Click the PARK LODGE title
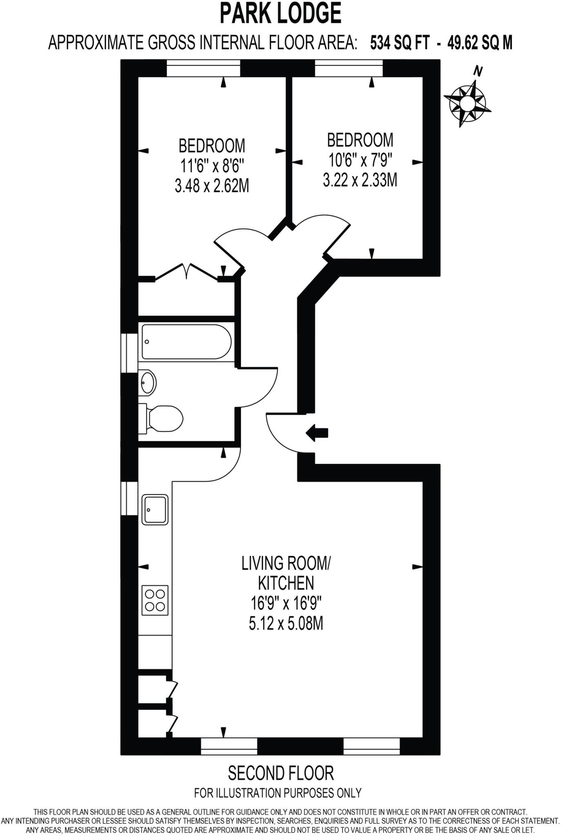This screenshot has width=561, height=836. (x=280, y=14)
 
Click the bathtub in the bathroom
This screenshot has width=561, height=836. (x=187, y=342)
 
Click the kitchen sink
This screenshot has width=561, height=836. (x=155, y=509)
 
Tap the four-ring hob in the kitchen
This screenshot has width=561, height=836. (x=155, y=600)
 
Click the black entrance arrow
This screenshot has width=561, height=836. (x=316, y=433)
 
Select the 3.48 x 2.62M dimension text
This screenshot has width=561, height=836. (x=211, y=186)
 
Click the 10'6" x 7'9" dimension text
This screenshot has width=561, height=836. (x=360, y=160)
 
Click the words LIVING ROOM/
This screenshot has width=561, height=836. (x=286, y=563)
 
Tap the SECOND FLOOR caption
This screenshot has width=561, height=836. (x=280, y=773)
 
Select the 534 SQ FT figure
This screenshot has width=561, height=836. (x=399, y=42)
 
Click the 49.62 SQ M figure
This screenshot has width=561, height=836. (x=480, y=42)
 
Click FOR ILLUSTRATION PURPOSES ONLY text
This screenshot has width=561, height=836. (x=278, y=793)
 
